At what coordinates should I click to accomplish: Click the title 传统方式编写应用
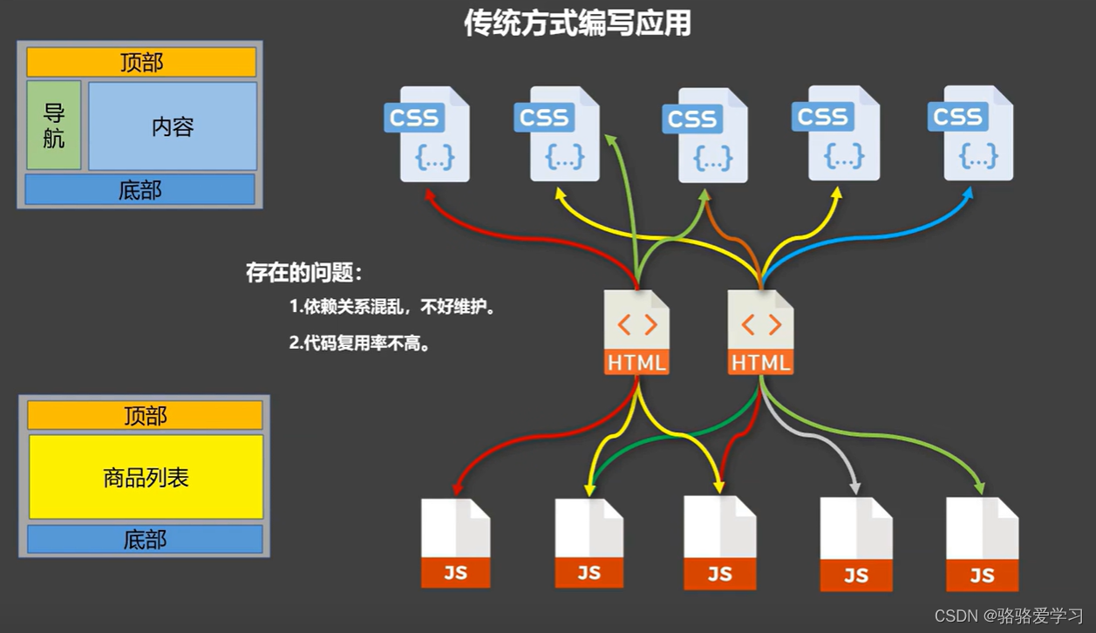[x=576, y=24]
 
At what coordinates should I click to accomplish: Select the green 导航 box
[x=54, y=126]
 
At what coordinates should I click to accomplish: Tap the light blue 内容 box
[x=173, y=126]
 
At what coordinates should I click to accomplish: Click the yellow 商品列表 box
[x=146, y=477]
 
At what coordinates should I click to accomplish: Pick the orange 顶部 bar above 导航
[x=141, y=63]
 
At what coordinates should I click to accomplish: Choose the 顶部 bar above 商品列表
[x=145, y=416]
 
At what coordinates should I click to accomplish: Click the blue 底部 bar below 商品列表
[x=145, y=540]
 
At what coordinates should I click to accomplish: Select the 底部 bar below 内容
[x=140, y=189]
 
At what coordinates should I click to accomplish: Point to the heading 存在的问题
[x=303, y=273]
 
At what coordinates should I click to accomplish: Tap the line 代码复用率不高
[x=360, y=344]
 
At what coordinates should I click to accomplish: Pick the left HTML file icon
[x=637, y=333]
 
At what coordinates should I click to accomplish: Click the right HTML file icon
[x=761, y=333]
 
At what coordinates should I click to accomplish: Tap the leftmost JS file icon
[x=455, y=542]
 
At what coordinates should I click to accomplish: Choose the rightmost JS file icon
[x=983, y=544]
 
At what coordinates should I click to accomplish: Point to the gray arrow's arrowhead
[x=855, y=487]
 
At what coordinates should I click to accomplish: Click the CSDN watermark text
[x=1009, y=616]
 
